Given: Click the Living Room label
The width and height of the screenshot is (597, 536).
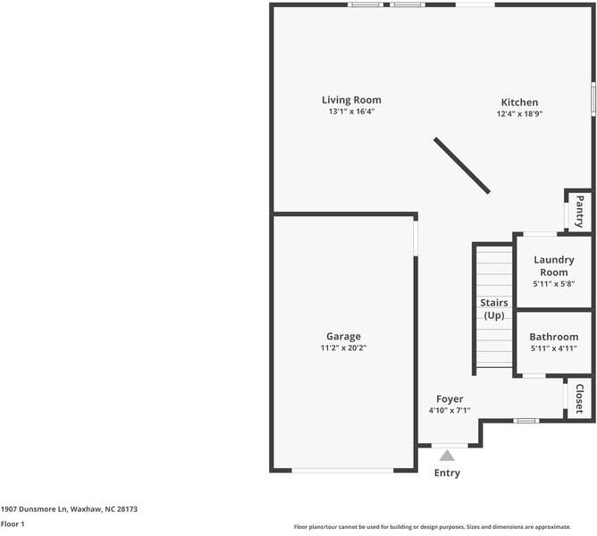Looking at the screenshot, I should pos(351,100).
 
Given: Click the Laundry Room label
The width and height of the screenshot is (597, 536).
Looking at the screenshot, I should pos(553,266).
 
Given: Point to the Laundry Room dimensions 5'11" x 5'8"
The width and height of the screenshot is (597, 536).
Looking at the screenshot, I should pos(553,284).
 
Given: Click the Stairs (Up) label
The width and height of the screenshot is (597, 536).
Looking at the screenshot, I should pos(494,309).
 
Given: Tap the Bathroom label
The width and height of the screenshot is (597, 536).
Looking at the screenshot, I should pos(553,337).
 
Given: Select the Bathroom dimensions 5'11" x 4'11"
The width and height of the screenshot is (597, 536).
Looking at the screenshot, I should pos(553,348).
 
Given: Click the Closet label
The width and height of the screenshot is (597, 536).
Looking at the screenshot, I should pos(579,399).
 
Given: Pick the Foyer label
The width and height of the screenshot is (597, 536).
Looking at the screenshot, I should pos(450,398).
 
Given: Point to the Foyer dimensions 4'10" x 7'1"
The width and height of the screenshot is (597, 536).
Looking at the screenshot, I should pos(450,411).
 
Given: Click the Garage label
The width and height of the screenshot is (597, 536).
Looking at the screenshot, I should pos(343,337).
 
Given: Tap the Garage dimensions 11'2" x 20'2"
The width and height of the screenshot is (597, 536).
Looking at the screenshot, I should pos(343,348).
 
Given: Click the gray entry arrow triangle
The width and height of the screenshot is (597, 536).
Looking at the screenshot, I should pos(447,456).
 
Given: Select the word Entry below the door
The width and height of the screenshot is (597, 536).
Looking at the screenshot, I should pos(447,473).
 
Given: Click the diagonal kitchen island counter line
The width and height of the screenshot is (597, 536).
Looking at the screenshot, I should pos(462,165).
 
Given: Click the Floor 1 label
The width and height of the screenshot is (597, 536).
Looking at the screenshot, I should pos(13,524).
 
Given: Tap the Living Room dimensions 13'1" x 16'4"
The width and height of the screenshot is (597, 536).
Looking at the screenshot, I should pos(351,113).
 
